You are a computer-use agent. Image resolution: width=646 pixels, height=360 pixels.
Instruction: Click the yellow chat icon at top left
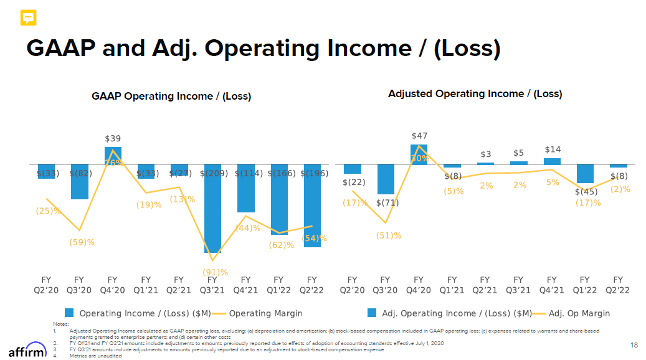tap(28, 18)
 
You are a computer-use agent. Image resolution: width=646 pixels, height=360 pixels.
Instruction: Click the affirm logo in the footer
tap(27, 350)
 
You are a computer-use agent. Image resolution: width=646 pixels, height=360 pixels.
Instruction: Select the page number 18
tap(634, 345)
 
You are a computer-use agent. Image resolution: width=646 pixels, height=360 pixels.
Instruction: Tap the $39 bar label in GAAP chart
tap(113, 138)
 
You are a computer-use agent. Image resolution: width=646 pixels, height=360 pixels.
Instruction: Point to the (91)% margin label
tap(215, 272)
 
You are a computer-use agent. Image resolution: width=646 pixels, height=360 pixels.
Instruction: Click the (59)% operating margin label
tap(82, 242)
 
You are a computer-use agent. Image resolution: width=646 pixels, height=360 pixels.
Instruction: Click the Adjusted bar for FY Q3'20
tap(386, 179)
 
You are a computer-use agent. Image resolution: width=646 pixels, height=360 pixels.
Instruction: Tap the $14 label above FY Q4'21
tap(553, 149)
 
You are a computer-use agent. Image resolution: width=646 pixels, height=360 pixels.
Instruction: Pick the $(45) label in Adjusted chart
tap(586, 192)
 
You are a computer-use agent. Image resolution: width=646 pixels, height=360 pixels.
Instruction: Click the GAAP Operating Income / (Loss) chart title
tap(171, 96)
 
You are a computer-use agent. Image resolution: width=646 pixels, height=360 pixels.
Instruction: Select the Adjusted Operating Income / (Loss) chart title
tap(475, 93)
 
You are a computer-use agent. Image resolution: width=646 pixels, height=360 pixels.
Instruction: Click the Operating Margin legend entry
tap(266, 313)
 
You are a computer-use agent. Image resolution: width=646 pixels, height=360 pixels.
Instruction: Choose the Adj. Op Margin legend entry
tap(579, 313)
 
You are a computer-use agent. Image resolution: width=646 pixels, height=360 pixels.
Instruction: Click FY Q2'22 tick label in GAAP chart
tap(312, 285)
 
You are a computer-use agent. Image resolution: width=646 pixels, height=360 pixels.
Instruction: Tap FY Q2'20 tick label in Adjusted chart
tap(352, 285)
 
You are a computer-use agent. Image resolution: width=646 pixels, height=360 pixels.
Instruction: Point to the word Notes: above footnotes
tap(60, 324)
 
